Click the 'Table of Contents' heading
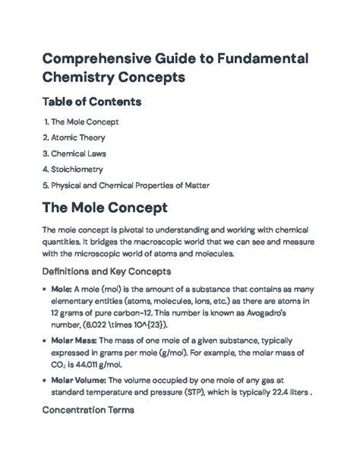point(99,101)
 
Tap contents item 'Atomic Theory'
point(78,138)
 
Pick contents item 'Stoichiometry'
point(77,169)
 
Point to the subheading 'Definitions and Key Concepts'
point(106,271)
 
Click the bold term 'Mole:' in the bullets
point(62,290)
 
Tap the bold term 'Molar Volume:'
point(78,378)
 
